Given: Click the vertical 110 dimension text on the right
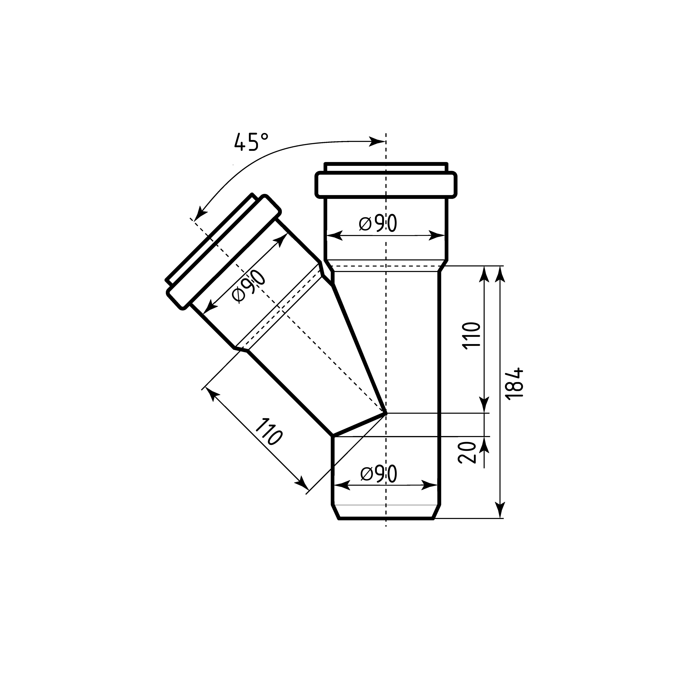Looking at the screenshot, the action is pos(472,334).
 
